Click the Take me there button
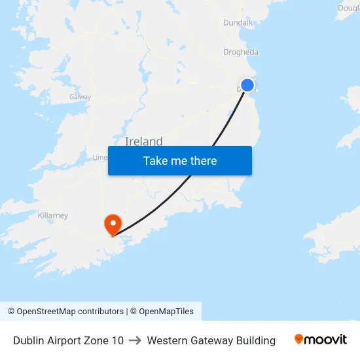(179, 160)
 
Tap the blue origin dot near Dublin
(247, 84)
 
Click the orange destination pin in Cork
(113, 225)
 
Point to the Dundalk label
(238, 22)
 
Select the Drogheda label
(241, 52)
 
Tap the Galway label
(80, 97)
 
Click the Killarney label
(53, 215)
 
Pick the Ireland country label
(143, 141)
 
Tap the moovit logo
(320, 340)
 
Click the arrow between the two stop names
(135, 340)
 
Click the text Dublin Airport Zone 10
(68, 340)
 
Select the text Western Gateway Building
(211, 340)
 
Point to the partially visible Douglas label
(349, 9)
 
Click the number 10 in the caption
(117, 340)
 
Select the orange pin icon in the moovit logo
(299, 339)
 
